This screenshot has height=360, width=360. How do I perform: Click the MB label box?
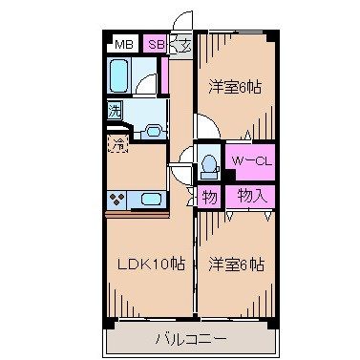(124, 44)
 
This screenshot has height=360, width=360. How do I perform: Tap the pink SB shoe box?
(155, 44)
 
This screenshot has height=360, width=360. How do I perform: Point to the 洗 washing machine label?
(115, 110)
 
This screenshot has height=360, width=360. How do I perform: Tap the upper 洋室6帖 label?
(236, 88)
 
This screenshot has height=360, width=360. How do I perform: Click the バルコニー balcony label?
(191, 337)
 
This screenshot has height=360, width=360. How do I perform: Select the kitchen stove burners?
(119, 201)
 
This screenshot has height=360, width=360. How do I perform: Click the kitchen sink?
(150, 201)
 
